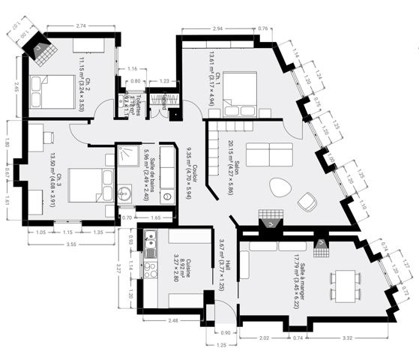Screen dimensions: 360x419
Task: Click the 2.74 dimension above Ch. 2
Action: coord(82,26)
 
